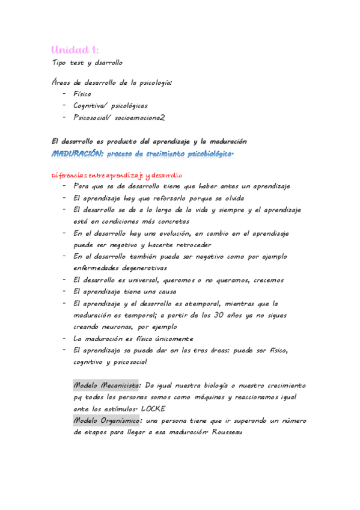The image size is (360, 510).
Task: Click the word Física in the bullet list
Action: point(82,94)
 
